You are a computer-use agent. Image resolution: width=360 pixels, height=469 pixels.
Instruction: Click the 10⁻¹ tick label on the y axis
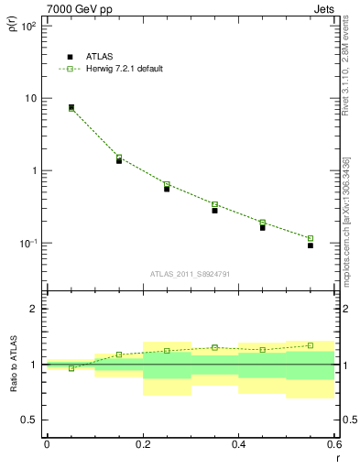(x=27, y=244)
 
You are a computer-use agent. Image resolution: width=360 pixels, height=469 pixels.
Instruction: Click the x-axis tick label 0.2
(x=143, y=443)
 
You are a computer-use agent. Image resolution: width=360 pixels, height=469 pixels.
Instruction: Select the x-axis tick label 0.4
(x=238, y=443)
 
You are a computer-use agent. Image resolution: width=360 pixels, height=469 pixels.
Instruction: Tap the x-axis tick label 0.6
(x=333, y=443)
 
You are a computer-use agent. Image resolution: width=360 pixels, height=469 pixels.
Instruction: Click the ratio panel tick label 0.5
(x=29, y=420)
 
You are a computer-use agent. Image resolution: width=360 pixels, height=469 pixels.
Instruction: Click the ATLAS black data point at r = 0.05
(x=71, y=107)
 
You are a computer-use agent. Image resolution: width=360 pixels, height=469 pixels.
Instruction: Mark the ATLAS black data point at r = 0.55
(x=311, y=245)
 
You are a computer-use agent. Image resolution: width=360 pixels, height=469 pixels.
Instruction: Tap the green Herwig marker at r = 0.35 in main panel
(x=214, y=204)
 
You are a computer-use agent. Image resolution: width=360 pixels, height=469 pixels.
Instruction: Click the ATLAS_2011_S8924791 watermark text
(x=191, y=274)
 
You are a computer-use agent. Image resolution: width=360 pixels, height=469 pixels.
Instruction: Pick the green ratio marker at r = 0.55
(x=311, y=345)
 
